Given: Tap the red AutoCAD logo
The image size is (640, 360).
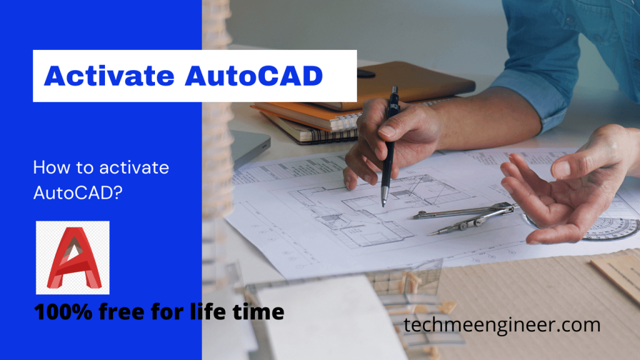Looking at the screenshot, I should (72, 257).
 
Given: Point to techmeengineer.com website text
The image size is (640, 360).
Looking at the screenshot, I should (502, 326).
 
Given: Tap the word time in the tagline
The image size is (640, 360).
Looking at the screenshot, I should (259, 312).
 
